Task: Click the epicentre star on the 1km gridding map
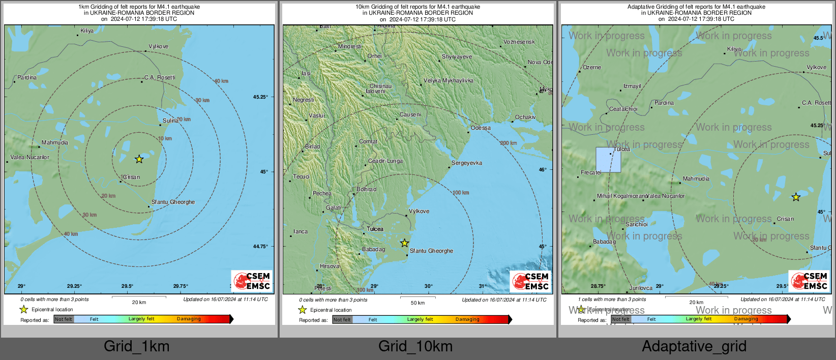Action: [x=139, y=159]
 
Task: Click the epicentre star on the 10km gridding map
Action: [x=404, y=243]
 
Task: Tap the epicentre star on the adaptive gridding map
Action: [x=796, y=197]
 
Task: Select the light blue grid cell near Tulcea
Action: [x=608, y=160]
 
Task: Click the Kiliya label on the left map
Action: [x=87, y=31]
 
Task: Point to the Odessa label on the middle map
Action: [x=481, y=128]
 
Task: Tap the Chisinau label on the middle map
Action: [x=380, y=86]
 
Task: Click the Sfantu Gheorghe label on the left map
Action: [x=173, y=202]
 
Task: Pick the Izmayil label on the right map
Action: [x=632, y=86]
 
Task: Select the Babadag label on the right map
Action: [x=604, y=242]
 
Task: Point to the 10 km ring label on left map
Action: [x=165, y=138]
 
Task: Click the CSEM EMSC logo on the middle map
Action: [x=530, y=281]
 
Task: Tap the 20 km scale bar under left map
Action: [x=139, y=302]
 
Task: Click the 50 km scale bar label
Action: [x=417, y=303]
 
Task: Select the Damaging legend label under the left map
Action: [x=189, y=319]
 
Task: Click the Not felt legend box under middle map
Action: [x=342, y=319]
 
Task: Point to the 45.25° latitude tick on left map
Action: [x=260, y=97]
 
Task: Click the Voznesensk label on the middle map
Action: [x=519, y=42]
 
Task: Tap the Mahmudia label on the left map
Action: [x=55, y=142]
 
